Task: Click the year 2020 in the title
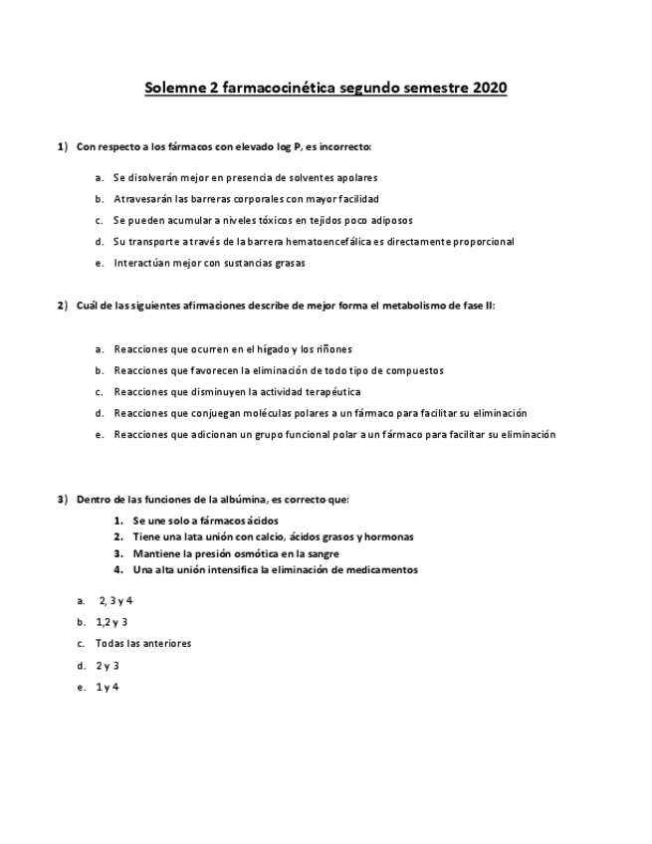[x=490, y=89]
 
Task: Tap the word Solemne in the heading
[x=174, y=89]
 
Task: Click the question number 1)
[x=63, y=147]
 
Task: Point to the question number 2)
[x=63, y=306]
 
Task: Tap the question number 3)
[x=63, y=499]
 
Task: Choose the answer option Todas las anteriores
[x=143, y=643]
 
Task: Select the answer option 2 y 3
[x=108, y=665]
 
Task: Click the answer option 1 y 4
[x=108, y=687]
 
